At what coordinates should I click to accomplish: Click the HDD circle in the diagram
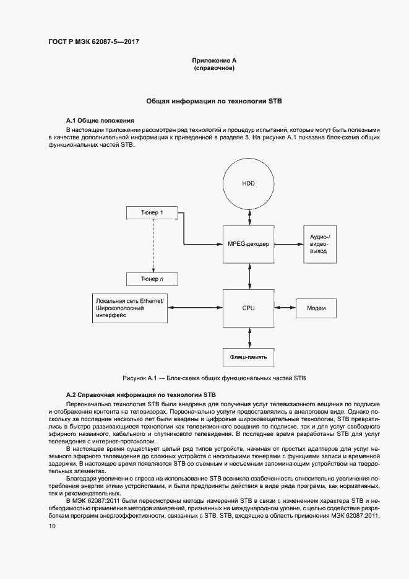pos(248,183)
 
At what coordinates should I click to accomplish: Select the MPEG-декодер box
pos(248,245)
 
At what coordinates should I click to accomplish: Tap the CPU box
pos(248,308)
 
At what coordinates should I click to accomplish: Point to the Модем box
pos(316,308)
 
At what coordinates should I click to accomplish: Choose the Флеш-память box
pos(248,357)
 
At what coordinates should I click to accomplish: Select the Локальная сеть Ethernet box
pos(130,308)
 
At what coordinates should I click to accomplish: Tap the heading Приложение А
pos(214,60)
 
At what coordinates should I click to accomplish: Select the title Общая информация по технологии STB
pos(214,100)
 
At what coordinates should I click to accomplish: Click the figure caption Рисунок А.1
pos(213,377)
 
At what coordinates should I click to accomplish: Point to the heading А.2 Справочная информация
pos(140,394)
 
